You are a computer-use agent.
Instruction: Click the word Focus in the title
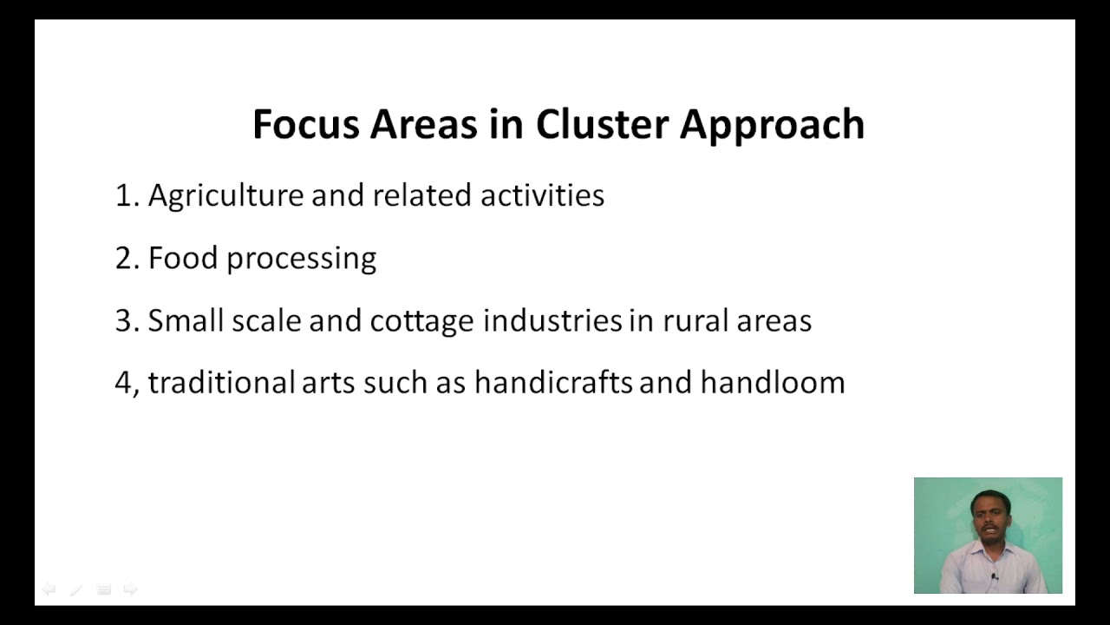point(304,124)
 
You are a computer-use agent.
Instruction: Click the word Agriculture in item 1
point(225,196)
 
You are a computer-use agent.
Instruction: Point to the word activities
point(542,195)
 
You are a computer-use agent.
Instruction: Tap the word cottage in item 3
point(422,322)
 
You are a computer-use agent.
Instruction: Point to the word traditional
point(221,383)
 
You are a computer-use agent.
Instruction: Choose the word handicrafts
point(552,383)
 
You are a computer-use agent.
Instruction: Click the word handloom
point(772,383)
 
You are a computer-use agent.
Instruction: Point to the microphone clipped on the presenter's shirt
point(994,576)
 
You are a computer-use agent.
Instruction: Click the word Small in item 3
point(186,320)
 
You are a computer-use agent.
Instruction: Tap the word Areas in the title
point(423,124)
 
